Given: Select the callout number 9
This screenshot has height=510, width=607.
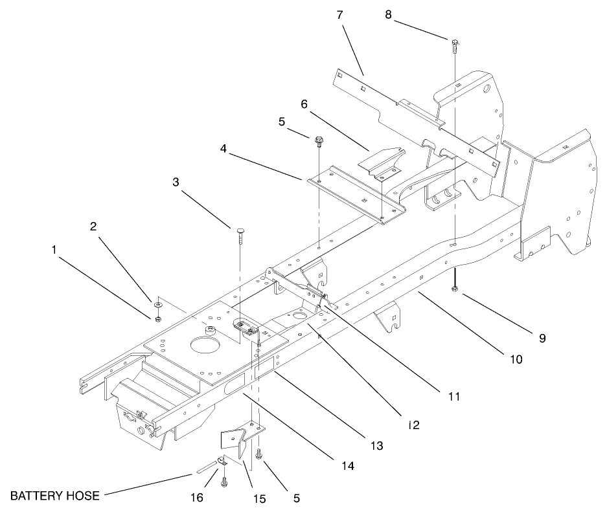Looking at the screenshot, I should (542, 338).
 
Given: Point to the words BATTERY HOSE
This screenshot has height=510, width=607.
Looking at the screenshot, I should (55, 496).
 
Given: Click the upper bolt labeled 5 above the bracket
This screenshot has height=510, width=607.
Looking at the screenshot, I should (319, 140).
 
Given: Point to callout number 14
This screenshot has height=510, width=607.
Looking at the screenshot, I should (348, 465).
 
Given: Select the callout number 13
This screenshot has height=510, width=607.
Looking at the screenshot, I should (378, 446).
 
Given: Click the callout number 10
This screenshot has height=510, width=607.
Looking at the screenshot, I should (516, 358).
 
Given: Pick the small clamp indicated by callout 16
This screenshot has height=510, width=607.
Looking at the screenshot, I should (220, 461).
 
